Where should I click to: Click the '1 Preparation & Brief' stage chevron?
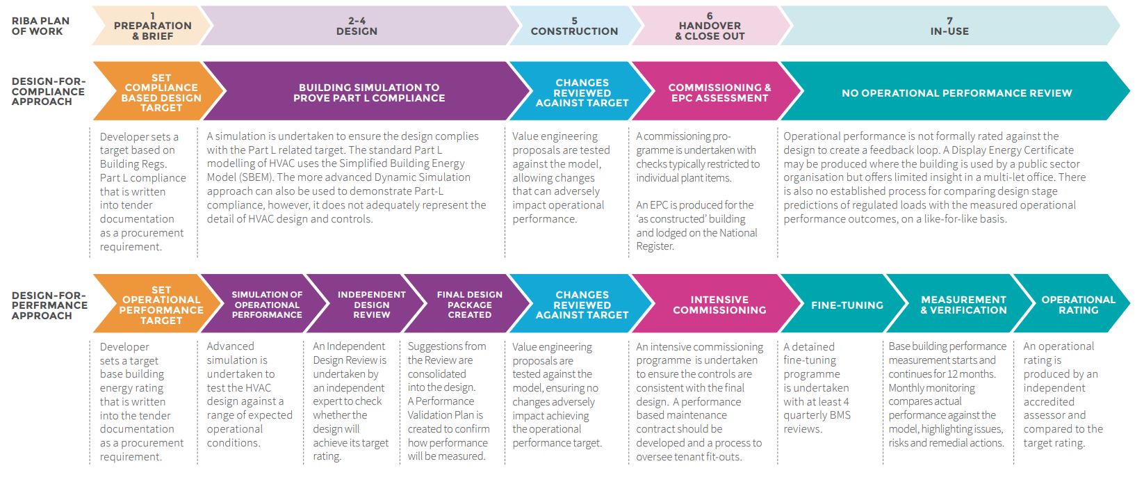pyautogui.click(x=152, y=26)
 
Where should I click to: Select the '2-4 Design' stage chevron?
pyautogui.click(x=357, y=26)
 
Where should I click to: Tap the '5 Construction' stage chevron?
pyautogui.click(x=575, y=26)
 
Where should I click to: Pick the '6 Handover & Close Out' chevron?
pyautogui.click(x=710, y=26)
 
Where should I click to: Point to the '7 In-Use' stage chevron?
pyautogui.click(x=950, y=26)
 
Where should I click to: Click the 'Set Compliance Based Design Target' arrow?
pyautogui.click(x=159, y=92)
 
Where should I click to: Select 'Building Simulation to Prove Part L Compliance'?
pyautogui.click(x=369, y=92)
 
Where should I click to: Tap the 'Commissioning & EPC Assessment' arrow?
pyautogui.click(x=717, y=92)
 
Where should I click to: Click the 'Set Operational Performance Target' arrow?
pyautogui.click(x=158, y=303)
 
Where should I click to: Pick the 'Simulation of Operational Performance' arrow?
pyautogui.click(x=265, y=303)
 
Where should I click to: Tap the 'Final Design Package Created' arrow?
pyautogui.click(x=469, y=303)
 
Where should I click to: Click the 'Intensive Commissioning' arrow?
pyautogui.click(x=717, y=303)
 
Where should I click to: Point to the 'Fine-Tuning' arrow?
pyautogui.click(x=845, y=303)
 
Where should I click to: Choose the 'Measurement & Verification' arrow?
pyautogui.click(x=963, y=303)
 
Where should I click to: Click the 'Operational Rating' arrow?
pyautogui.click(x=1075, y=303)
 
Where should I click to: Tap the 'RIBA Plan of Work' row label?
pyautogui.click(x=40, y=26)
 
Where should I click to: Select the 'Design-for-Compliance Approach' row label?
pyautogui.click(x=49, y=92)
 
